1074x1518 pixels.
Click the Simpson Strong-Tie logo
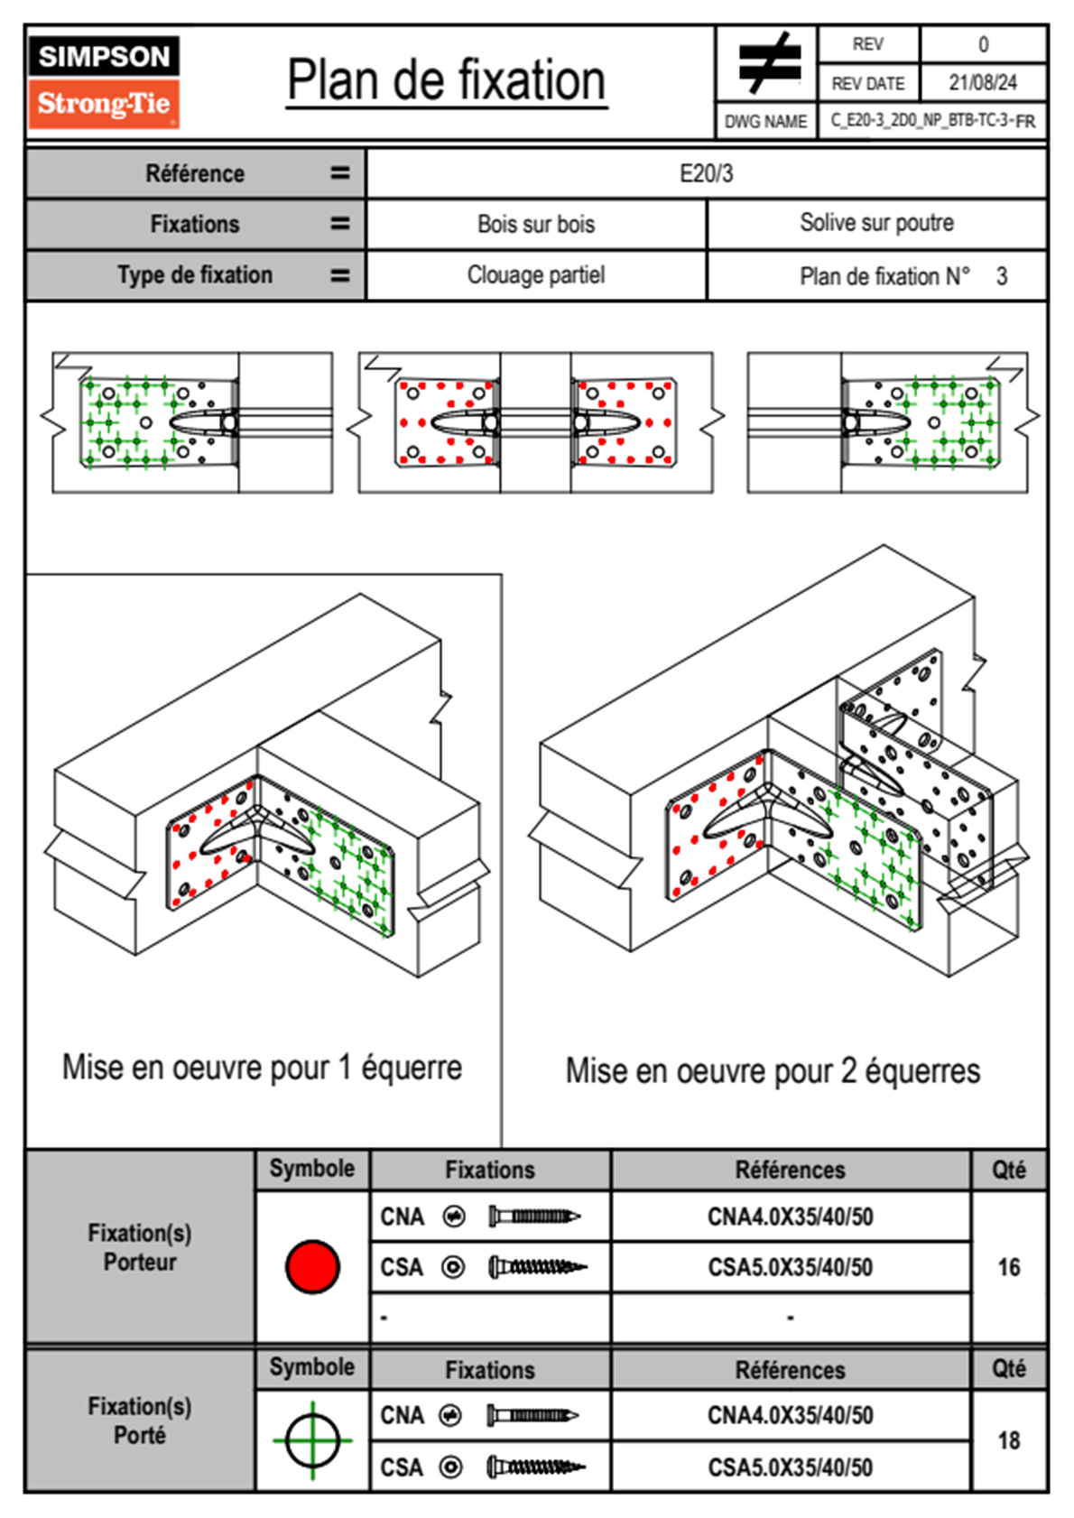(104, 81)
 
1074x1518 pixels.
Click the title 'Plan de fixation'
(446, 81)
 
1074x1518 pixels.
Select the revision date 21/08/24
(982, 83)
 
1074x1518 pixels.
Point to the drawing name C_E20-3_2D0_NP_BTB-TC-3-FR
(932, 121)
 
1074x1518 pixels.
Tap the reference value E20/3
(706, 173)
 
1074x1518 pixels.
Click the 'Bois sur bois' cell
(536, 225)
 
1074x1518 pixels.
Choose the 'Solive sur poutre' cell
(876, 223)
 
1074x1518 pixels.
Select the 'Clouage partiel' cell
(536, 275)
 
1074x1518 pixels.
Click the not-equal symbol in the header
(768, 63)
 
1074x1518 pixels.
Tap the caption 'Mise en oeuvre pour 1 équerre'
(262, 1068)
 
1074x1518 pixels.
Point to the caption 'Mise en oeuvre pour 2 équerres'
(773, 1071)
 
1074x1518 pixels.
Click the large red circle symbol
(312, 1266)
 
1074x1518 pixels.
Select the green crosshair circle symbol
(312, 1440)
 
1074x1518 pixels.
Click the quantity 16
(1009, 1267)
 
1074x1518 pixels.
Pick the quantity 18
(1009, 1440)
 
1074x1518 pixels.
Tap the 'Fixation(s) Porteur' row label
(140, 1247)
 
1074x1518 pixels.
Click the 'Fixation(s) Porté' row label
(140, 1421)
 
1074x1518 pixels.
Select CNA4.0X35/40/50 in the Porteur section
(790, 1217)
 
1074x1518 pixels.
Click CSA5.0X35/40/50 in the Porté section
(790, 1467)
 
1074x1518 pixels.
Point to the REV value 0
(983, 44)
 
